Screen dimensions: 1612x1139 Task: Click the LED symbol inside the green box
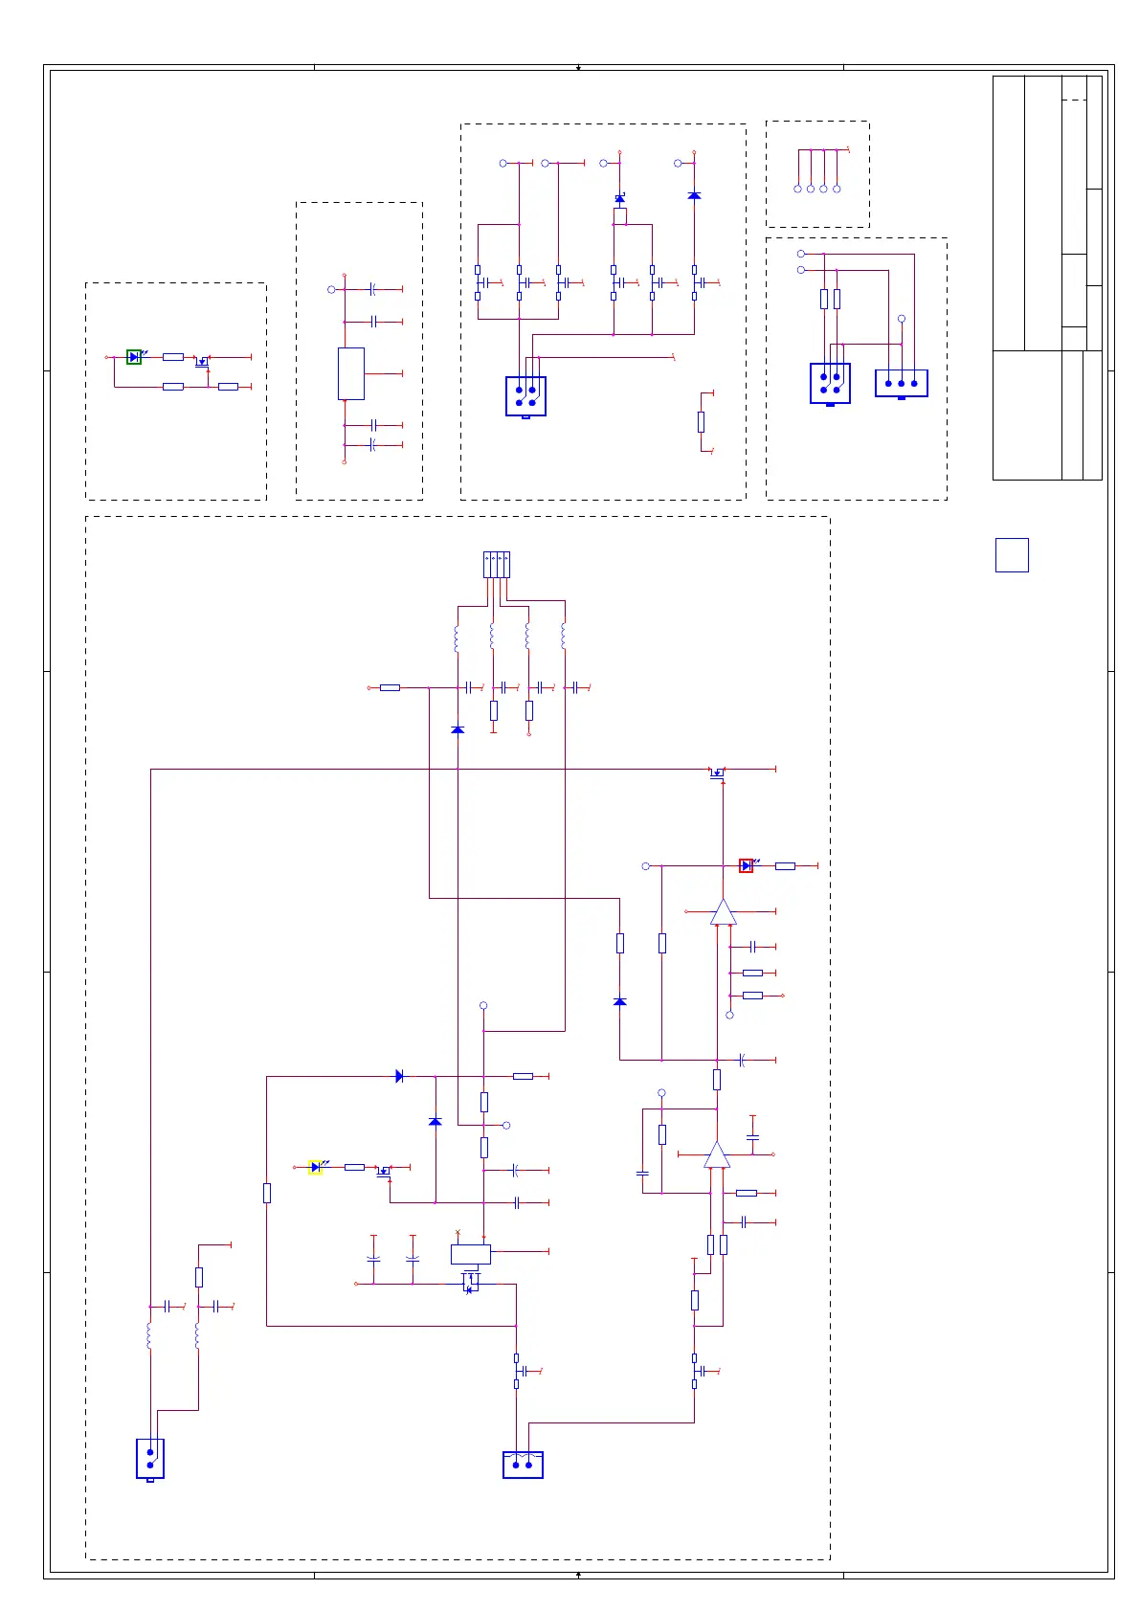coord(134,357)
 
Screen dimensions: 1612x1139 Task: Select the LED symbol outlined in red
coord(747,865)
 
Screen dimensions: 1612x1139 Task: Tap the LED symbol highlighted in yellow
coord(315,1167)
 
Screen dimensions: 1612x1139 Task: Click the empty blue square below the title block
coord(1012,555)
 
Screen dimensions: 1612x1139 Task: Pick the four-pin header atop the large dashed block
coord(497,565)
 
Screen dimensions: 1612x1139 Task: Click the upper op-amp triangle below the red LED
coord(724,912)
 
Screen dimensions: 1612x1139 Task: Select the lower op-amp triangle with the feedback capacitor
coord(717,1155)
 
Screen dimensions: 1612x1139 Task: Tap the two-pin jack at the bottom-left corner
coord(150,1459)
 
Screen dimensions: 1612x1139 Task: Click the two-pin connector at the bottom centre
coord(523,1465)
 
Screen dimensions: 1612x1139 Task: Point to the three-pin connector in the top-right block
coord(901,383)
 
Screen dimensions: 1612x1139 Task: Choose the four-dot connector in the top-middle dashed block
coord(525,396)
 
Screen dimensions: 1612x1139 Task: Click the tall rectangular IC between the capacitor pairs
coord(351,373)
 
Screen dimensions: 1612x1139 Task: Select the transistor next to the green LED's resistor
coord(202,361)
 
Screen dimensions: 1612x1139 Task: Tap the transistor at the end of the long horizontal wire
coord(717,772)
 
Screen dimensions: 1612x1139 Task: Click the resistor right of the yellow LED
coord(354,1167)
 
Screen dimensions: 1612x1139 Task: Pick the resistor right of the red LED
coord(785,865)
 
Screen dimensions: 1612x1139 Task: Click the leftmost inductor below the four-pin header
coord(457,638)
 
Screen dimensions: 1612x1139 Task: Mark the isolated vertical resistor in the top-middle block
coord(701,421)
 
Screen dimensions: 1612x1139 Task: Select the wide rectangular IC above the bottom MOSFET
coord(470,1253)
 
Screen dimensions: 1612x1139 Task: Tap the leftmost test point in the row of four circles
coord(797,189)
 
